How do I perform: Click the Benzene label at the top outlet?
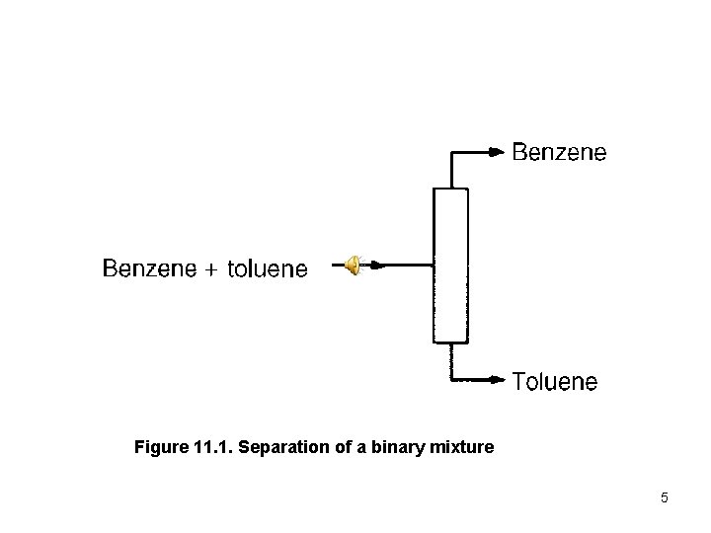(x=559, y=153)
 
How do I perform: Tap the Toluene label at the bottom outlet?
(x=554, y=381)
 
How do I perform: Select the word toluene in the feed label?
(x=267, y=268)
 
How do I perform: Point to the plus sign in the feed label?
(x=212, y=269)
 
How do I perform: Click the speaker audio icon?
(x=353, y=265)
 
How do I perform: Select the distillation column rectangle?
(x=450, y=265)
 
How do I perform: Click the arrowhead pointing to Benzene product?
(x=497, y=152)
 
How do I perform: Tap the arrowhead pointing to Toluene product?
(x=497, y=378)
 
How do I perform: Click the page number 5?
(x=665, y=497)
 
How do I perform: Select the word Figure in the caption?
(x=159, y=449)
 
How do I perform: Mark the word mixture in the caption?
(x=458, y=449)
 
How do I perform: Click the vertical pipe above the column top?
(x=451, y=170)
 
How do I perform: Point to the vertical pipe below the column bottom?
(x=451, y=361)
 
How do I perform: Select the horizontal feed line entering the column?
(x=405, y=265)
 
